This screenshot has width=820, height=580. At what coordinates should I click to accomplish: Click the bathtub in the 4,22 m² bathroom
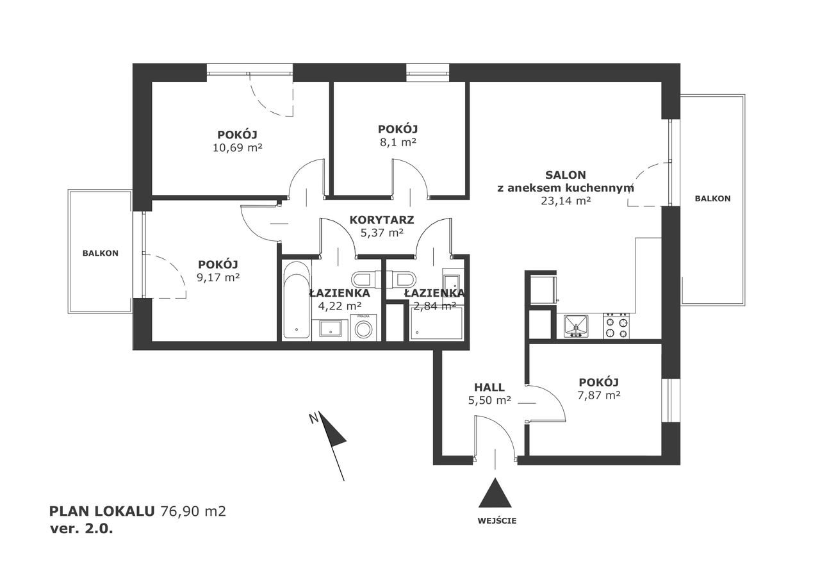pos(297,300)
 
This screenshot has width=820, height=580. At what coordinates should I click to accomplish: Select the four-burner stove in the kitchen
pos(616,326)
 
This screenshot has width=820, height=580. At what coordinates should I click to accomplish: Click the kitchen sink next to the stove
pos(576,326)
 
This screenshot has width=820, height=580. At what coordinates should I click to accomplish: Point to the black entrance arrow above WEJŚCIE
pos(495,494)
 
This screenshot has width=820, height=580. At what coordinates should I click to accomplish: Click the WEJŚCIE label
pos(496,521)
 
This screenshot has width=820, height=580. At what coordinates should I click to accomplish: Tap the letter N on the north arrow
pos(313,418)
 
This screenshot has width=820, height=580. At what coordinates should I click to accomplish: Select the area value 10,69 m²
pos(238,147)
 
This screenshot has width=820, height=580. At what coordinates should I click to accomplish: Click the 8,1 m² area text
pos(398,142)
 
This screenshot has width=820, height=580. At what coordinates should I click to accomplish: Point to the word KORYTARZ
pos(382,220)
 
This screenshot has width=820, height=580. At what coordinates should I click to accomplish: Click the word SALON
pos(566,175)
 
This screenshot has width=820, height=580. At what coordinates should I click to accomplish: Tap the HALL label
pos(489,387)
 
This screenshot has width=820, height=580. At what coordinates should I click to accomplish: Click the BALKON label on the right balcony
pos(713,199)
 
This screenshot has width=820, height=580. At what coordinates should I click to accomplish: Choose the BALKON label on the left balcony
pos(101,253)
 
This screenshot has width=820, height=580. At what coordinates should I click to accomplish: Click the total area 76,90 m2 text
pos(193,511)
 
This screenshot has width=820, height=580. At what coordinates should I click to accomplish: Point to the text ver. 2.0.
pos(81,529)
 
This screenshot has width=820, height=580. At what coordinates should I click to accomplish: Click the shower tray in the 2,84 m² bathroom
pos(437,323)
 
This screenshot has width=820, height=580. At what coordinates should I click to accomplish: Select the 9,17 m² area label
pos(218,278)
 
